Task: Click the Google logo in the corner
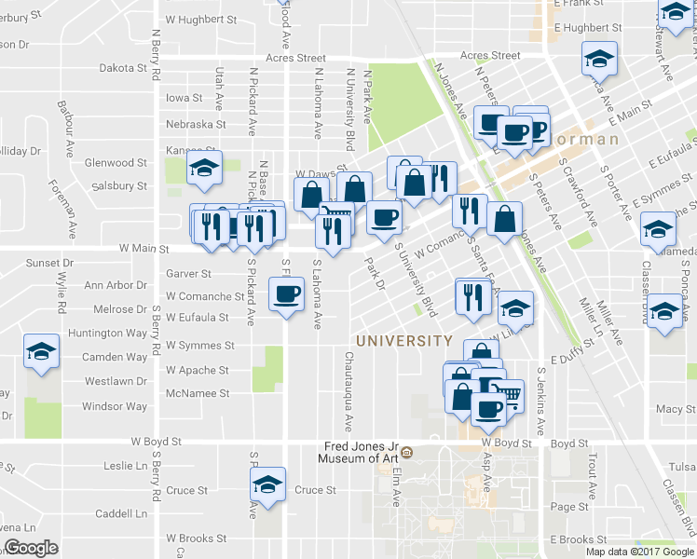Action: tap(31, 548)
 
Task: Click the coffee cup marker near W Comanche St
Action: tap(286, 295)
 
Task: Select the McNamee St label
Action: tap(198, 394)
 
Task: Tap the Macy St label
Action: tap(669, 409)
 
